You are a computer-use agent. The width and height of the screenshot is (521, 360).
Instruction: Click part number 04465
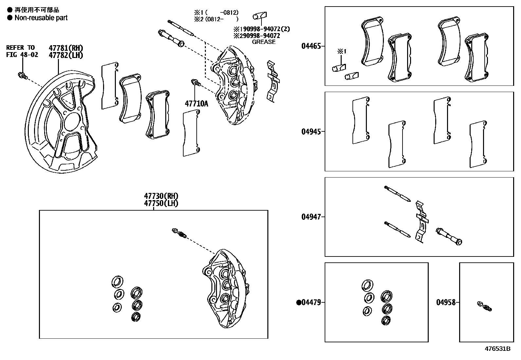click(311, 46)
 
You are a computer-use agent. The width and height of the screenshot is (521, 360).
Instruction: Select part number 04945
click(311, 132)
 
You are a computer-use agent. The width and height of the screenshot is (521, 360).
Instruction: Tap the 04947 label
click(311, 217)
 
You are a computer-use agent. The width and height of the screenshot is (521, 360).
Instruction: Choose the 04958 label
click(445, 302)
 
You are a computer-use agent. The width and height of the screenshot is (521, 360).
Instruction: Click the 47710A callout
click(196, 104)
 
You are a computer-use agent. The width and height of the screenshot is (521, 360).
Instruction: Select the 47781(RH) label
click(66, 48)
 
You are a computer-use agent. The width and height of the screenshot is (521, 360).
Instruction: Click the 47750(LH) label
click(161, 203)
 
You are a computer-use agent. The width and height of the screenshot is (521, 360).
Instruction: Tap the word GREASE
click(263, 42)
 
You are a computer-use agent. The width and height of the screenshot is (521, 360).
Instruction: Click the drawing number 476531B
click(497, 349)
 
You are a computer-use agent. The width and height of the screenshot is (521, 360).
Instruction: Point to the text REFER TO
click(20, 48)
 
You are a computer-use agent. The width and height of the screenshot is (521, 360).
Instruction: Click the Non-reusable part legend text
click(41, 18)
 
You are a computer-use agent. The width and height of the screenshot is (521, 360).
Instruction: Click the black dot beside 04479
click(298, 302)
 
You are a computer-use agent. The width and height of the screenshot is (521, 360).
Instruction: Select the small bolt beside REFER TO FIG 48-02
click(22, 76)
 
